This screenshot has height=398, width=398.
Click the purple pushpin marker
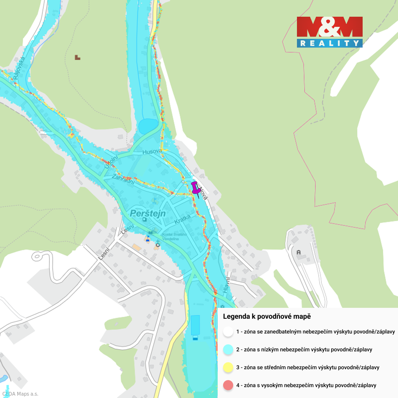[196, 189]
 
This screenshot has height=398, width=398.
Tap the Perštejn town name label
[148, 213]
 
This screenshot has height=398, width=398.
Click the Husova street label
[152, 152]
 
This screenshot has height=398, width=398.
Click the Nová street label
[203, 193]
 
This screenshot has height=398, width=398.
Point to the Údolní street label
[111, 162]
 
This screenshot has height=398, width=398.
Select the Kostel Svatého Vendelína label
[175, 236]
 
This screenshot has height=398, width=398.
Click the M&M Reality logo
[330, 32]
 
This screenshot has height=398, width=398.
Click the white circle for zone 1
[228, 332]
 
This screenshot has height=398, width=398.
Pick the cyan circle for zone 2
[228, 349]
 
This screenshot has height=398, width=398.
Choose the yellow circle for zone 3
[228, 367]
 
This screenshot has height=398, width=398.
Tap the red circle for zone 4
[228, 385]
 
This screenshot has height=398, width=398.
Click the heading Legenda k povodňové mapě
[267, 317]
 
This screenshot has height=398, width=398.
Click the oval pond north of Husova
[148, 126]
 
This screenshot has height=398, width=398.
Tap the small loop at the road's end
[38, 256]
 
